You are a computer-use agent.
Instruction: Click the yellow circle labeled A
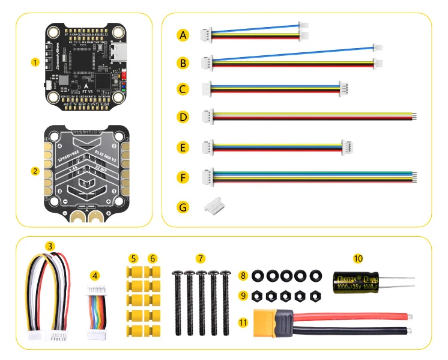coord(183,35)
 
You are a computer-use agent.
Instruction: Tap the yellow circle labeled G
coord(183,207)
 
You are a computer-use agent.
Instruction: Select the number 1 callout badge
coord(35,61)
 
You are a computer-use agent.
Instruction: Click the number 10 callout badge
coord(359,259)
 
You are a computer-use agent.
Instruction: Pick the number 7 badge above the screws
coord(201,258)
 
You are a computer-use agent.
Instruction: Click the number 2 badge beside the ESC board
coord(35,171)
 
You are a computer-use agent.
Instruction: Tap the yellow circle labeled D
coord(183,116)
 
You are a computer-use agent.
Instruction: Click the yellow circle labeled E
coord(183,146)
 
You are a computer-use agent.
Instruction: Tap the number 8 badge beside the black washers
coord(243,276)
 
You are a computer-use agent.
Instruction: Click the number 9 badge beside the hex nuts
coord(243,295)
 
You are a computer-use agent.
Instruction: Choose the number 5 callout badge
coord(133,258)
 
